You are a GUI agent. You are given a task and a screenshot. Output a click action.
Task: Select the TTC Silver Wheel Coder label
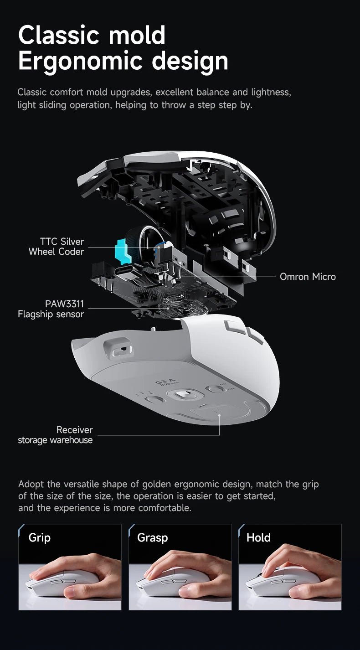57,247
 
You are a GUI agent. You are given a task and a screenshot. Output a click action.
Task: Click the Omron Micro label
308,277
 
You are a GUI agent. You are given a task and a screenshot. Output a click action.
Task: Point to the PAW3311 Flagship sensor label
51,309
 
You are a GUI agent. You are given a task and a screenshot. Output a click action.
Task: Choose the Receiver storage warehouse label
55,435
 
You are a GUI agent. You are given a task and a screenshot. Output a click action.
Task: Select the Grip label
39,537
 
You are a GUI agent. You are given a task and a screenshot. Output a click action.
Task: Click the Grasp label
152,537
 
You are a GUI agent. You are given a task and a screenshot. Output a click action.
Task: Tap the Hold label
258,537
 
